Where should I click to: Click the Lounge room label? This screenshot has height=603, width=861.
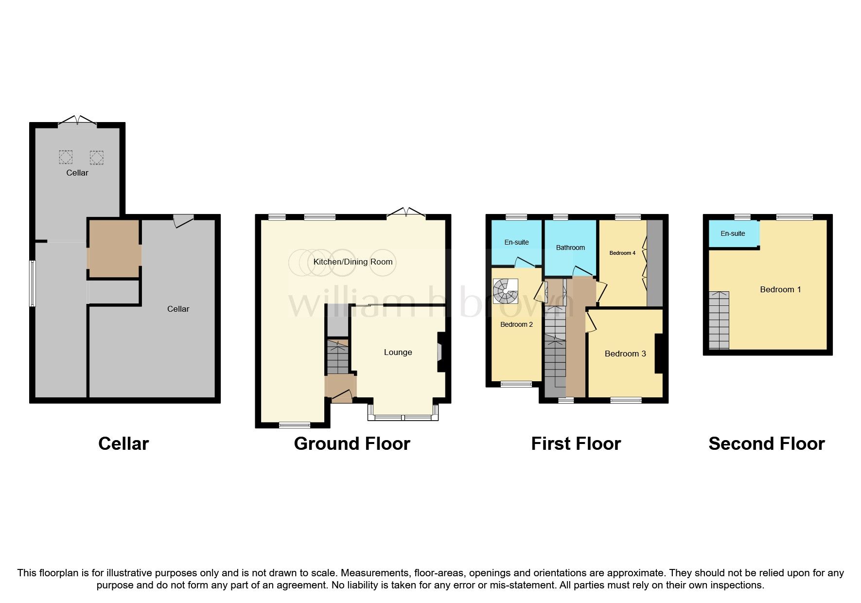(398, 352)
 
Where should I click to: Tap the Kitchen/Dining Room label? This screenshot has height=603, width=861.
(352, 262)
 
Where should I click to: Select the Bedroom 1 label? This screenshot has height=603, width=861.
(780, 289)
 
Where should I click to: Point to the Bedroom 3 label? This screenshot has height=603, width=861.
(625, 354)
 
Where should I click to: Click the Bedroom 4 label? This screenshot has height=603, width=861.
(622, 253)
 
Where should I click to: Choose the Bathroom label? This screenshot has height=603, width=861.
(570, 248)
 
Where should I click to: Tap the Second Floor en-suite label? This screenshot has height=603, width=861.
(732, 233)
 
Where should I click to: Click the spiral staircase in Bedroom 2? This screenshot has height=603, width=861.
(505, 291)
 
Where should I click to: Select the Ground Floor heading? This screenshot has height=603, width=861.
(352, 443)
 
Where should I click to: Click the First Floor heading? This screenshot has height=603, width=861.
(576, 443)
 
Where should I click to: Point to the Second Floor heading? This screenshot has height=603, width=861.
(766, 443)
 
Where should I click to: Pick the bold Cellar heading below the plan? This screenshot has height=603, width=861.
(123, 443)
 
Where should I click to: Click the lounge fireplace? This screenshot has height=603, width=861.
(440, 352)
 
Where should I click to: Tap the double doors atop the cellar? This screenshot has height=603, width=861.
(77, 121)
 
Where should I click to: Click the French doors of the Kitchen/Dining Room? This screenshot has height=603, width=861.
(406, 213)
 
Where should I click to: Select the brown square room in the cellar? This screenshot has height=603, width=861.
(114, 248)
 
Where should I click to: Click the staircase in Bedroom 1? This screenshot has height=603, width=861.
(719, 320)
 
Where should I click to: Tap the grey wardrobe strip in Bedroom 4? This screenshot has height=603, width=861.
(654, 263)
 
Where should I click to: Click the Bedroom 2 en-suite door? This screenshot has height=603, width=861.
(524, 264)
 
